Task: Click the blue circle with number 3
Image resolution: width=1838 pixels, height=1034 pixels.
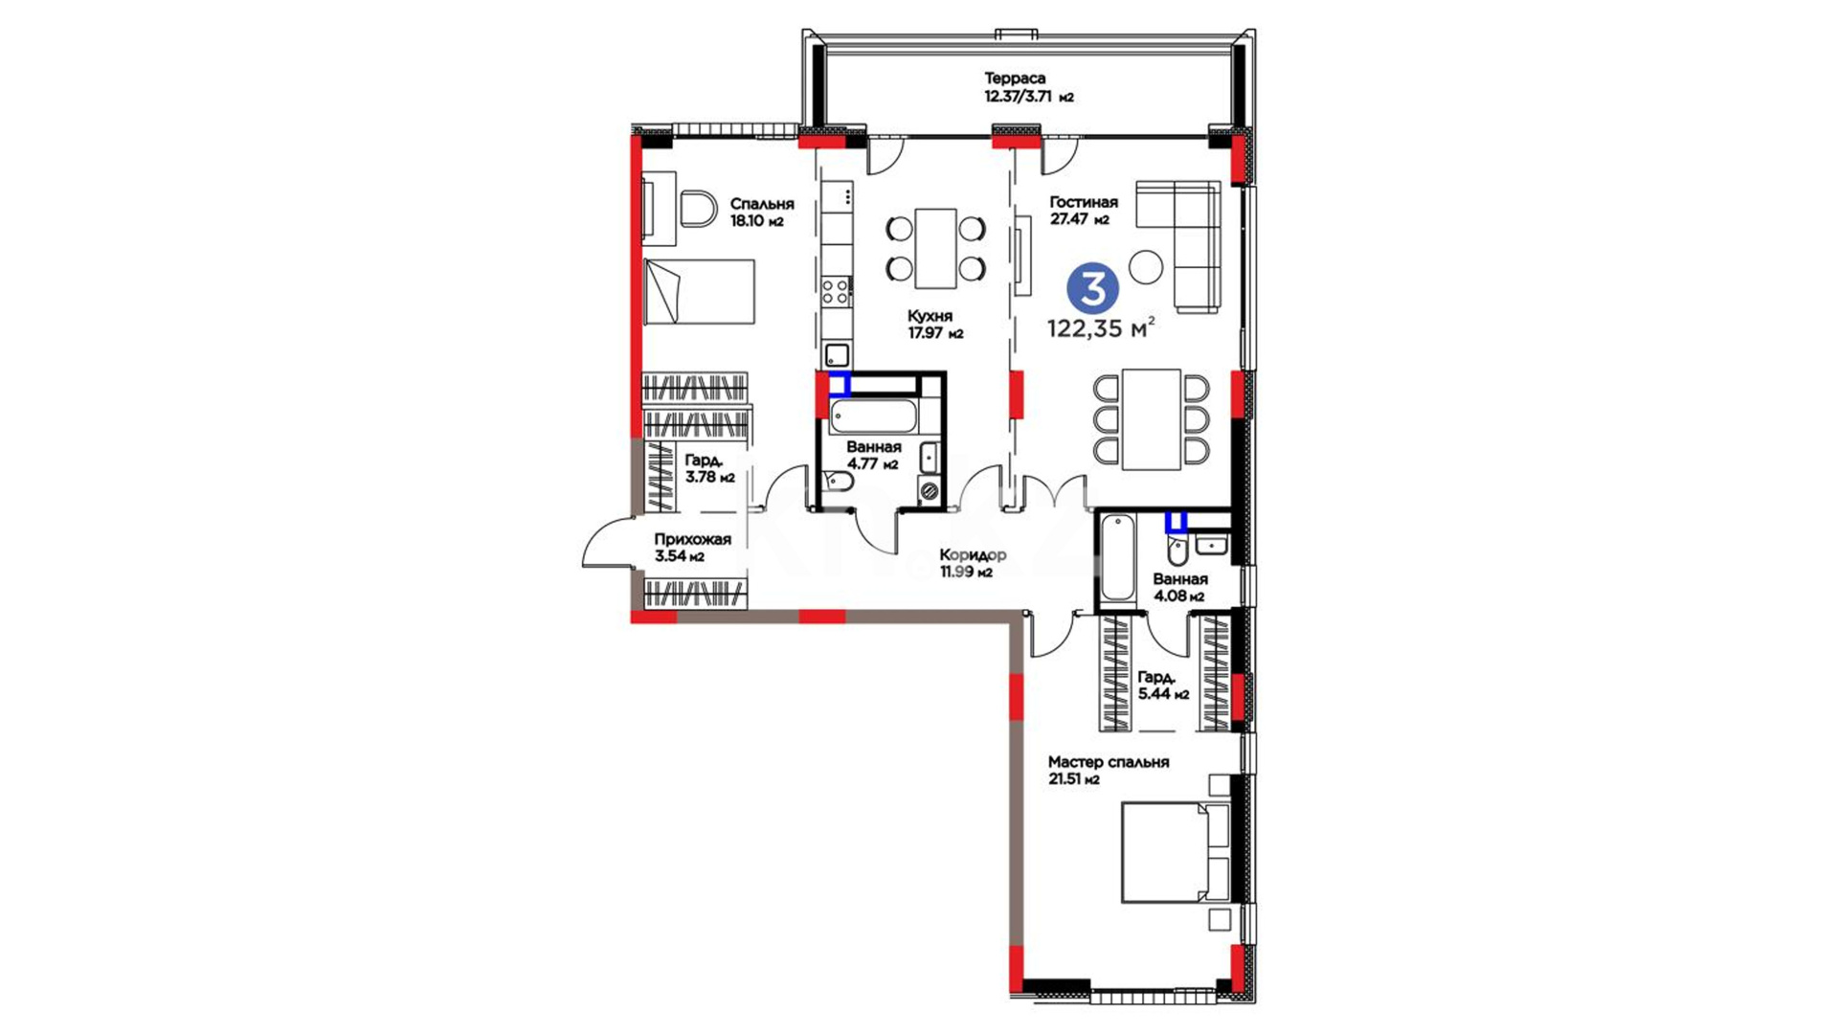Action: click(1092, 288)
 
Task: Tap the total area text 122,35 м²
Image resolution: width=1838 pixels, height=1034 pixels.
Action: click(1101, 329)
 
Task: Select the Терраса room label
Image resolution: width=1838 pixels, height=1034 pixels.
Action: click(1015, 79)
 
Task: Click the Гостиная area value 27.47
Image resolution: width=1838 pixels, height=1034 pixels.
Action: click(1069, 219)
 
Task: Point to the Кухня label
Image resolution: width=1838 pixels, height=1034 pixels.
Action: click(930, 316)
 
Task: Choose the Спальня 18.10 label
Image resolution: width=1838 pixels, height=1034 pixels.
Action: click(762, 213)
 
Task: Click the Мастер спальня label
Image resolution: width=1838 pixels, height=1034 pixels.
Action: click(1108, 762)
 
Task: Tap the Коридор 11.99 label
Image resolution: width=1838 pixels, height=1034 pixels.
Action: click(972, 563)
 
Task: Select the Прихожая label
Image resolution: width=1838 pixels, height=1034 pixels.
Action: click(692, 540)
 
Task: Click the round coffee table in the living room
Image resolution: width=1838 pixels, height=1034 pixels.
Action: click(1146, 266)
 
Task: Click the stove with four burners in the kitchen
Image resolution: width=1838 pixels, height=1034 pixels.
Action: click(837, 291)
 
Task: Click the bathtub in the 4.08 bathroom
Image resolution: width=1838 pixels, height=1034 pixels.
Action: click(1117, 558)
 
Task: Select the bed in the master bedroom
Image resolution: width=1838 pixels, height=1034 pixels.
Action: click(1175, 852)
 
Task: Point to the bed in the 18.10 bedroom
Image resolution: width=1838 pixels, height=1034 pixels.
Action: click(699, 291)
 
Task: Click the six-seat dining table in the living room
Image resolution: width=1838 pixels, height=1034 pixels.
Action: click(1152, 419)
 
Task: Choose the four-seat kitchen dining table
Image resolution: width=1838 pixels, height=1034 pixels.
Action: click(935, 249)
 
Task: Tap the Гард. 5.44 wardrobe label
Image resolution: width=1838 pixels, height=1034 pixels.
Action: click(1163, 686)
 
